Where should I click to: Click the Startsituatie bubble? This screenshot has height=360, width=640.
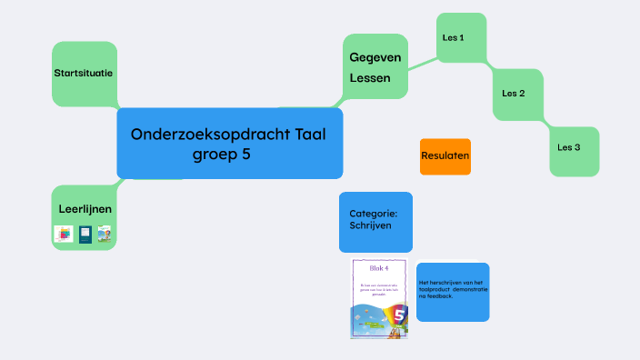[x=84, y=72]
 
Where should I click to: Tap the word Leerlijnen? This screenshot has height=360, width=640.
[x=85, y=209]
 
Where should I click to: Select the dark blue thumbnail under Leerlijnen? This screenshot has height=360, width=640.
[x=85, y=235]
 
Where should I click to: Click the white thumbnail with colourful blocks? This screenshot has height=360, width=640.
[x=64, y=235]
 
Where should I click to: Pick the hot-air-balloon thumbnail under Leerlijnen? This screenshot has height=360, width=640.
[x=105, y=235]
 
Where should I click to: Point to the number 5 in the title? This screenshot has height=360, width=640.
[x=245, y=155]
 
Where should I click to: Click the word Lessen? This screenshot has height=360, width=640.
[x=370, y=78]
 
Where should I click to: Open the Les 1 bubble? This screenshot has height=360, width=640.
[x=454, y=38]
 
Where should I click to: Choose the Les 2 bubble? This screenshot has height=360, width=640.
[x=514, y=93]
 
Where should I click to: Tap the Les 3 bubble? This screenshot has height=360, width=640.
[x=569, y=146]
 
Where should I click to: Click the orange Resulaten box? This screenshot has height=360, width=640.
[x=445, y=156]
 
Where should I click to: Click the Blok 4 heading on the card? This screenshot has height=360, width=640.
[x=378, y=268]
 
